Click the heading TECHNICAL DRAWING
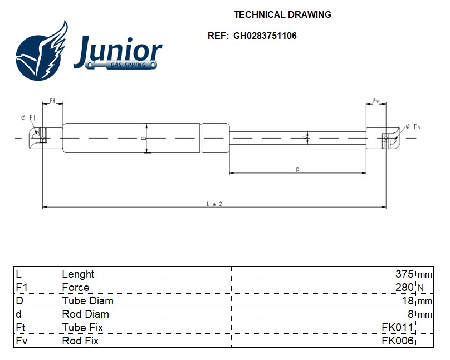282,15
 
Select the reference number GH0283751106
265,36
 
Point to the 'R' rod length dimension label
298,170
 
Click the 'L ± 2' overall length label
214,204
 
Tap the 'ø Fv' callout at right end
413,127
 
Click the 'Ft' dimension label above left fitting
53,101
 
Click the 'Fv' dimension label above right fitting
376,101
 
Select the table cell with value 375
404,274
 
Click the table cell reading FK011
397,327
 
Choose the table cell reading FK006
397,341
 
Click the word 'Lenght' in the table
78,274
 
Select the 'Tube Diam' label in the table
87,300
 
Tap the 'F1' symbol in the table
22,287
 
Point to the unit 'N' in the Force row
421,288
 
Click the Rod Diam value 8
410,314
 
